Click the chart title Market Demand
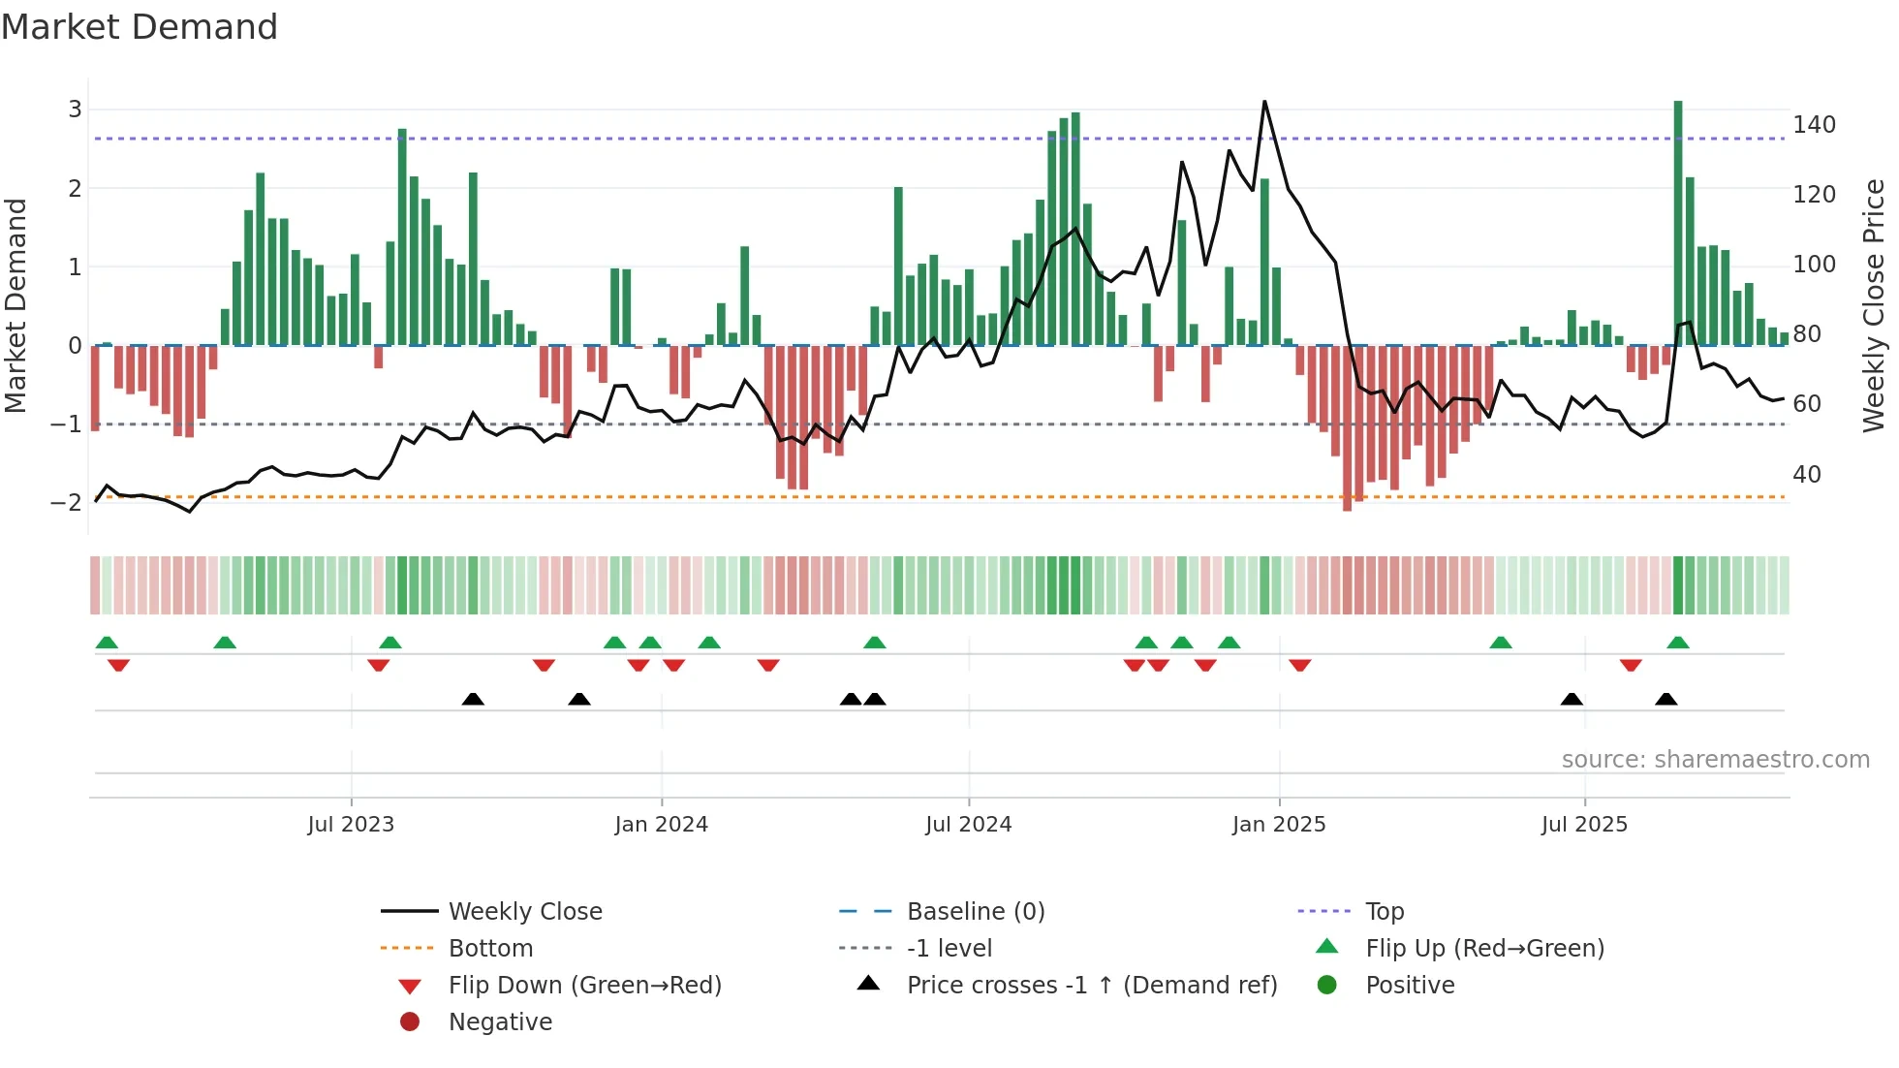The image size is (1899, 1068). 140,27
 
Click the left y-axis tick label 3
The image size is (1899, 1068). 75,110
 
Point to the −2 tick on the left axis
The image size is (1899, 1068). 67,503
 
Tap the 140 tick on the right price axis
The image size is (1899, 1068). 1814,125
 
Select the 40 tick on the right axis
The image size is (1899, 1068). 1806,475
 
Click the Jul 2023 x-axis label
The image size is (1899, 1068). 351,825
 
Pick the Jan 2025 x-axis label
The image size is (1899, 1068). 1278,825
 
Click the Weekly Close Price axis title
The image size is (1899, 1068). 1874,305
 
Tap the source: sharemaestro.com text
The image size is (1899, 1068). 1715,760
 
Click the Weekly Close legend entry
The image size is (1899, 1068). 524,912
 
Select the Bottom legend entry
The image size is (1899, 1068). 490,949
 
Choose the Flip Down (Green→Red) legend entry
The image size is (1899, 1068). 584,986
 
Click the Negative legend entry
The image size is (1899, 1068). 500,1022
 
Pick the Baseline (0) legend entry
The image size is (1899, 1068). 975,912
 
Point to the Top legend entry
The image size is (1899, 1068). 1385,912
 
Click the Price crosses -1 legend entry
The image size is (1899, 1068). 1091,986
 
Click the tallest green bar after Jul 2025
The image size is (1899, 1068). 1678,223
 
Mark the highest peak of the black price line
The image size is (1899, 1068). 1264,102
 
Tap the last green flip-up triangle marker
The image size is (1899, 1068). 1678,643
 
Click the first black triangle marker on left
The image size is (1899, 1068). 473,699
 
